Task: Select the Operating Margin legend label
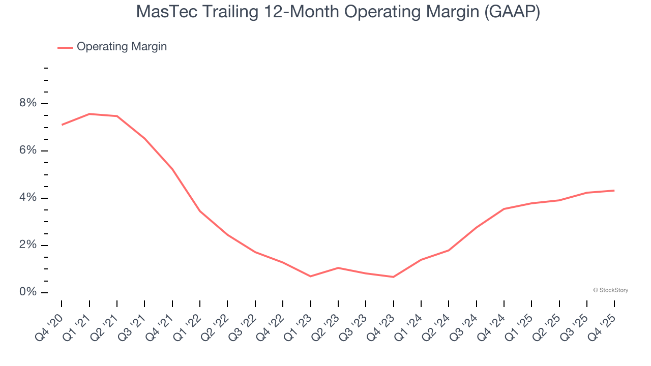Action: [x=122, y=47]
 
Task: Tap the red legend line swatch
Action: [x=65, y=47]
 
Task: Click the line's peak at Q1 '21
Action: [x=90, y=114]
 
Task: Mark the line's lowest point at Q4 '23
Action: [x=393, y=277]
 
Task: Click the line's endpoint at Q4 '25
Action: [x=614, y=191]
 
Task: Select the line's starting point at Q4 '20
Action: [x=62, y=125]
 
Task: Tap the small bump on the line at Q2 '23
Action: [x=338, y=268]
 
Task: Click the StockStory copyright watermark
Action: [x=610, y=290]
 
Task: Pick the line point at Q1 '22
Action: [x=200, y=211]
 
